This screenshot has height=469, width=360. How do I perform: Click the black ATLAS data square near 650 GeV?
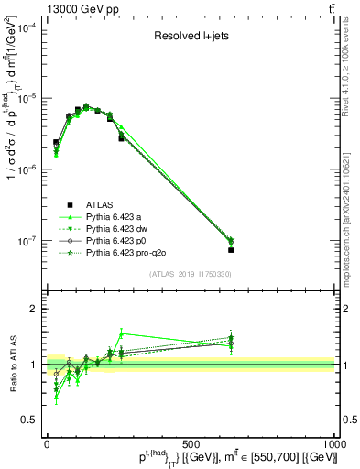(x=231, y=249)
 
